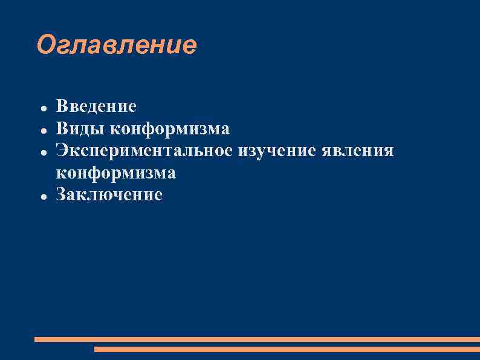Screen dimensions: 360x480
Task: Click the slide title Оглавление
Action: click(x=117, y=45)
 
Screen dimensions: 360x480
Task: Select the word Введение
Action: click(x=96, y=107)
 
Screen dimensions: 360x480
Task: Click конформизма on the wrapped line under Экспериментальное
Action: click(x=116, y=173)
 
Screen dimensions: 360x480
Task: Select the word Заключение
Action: click(x=109, y=195)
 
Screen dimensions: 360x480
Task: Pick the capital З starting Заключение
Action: click(x=61, y=195)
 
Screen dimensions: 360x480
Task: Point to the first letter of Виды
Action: click(x=61, y=129)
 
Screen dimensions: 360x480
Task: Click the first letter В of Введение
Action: click(x=61, y=107)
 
